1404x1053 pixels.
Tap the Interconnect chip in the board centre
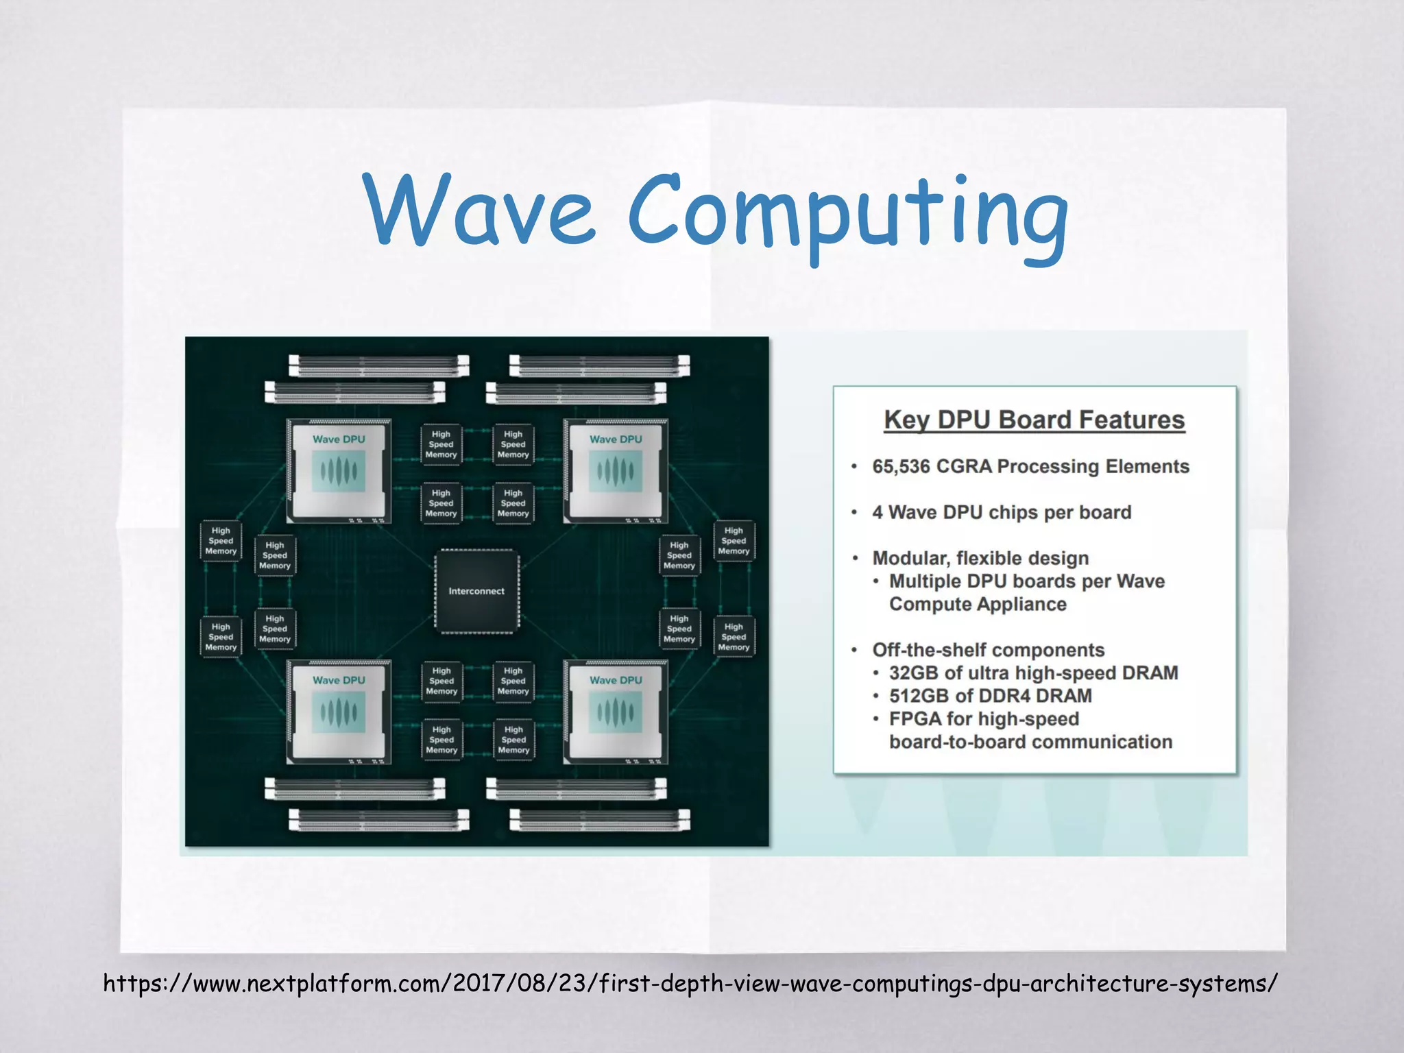[476, 591]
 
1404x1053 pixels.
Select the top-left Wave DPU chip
[339, 471]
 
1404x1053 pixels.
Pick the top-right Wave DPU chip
[616, 471]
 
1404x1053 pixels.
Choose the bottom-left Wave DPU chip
[339, 712]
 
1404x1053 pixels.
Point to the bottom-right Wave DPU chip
[616, 712]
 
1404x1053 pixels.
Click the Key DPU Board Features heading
[1034, 420]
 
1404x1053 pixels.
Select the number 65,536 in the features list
[900, 467]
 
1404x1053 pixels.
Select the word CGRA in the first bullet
[964, 467]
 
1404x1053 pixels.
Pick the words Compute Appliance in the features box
[978, 604]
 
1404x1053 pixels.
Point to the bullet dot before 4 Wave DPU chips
[854, 513]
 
